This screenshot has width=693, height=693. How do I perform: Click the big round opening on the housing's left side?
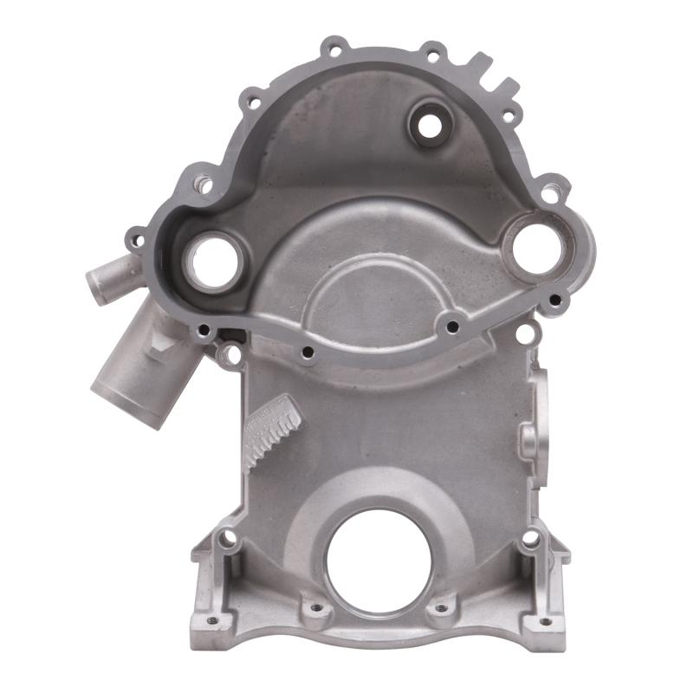pos(210,262)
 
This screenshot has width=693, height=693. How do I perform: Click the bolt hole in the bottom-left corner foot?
pos(207,620)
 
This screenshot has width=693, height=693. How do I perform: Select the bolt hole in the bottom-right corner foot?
pos(545,620)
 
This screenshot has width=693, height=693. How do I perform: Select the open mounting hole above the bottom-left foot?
pos(228,539)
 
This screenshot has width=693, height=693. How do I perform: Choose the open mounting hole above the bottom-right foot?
pos(529,539)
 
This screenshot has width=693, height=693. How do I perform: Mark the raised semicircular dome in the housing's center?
pos(372,295)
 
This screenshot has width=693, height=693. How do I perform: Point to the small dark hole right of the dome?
pos(451,326)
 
